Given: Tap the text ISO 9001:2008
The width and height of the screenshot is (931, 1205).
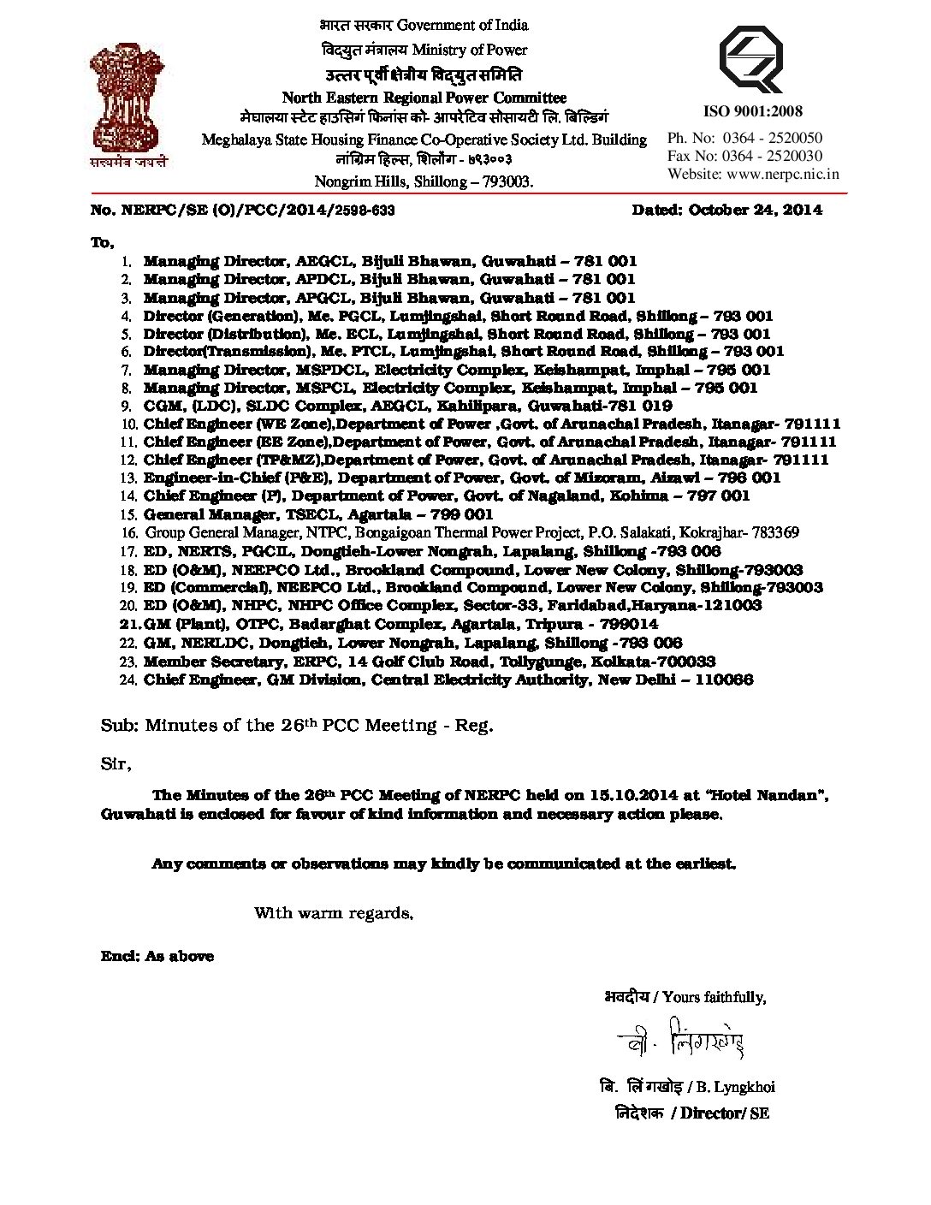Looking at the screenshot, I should [x=752, y=111].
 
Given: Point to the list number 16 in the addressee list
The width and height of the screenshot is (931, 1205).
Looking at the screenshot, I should [x=129, y=533].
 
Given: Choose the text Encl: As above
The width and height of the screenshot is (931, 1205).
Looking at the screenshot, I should [x=157, y=956].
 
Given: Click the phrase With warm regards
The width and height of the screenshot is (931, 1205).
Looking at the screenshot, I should [x=334, y=913].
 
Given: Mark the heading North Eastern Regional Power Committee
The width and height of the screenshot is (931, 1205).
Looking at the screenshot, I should [x=424, y=98].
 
